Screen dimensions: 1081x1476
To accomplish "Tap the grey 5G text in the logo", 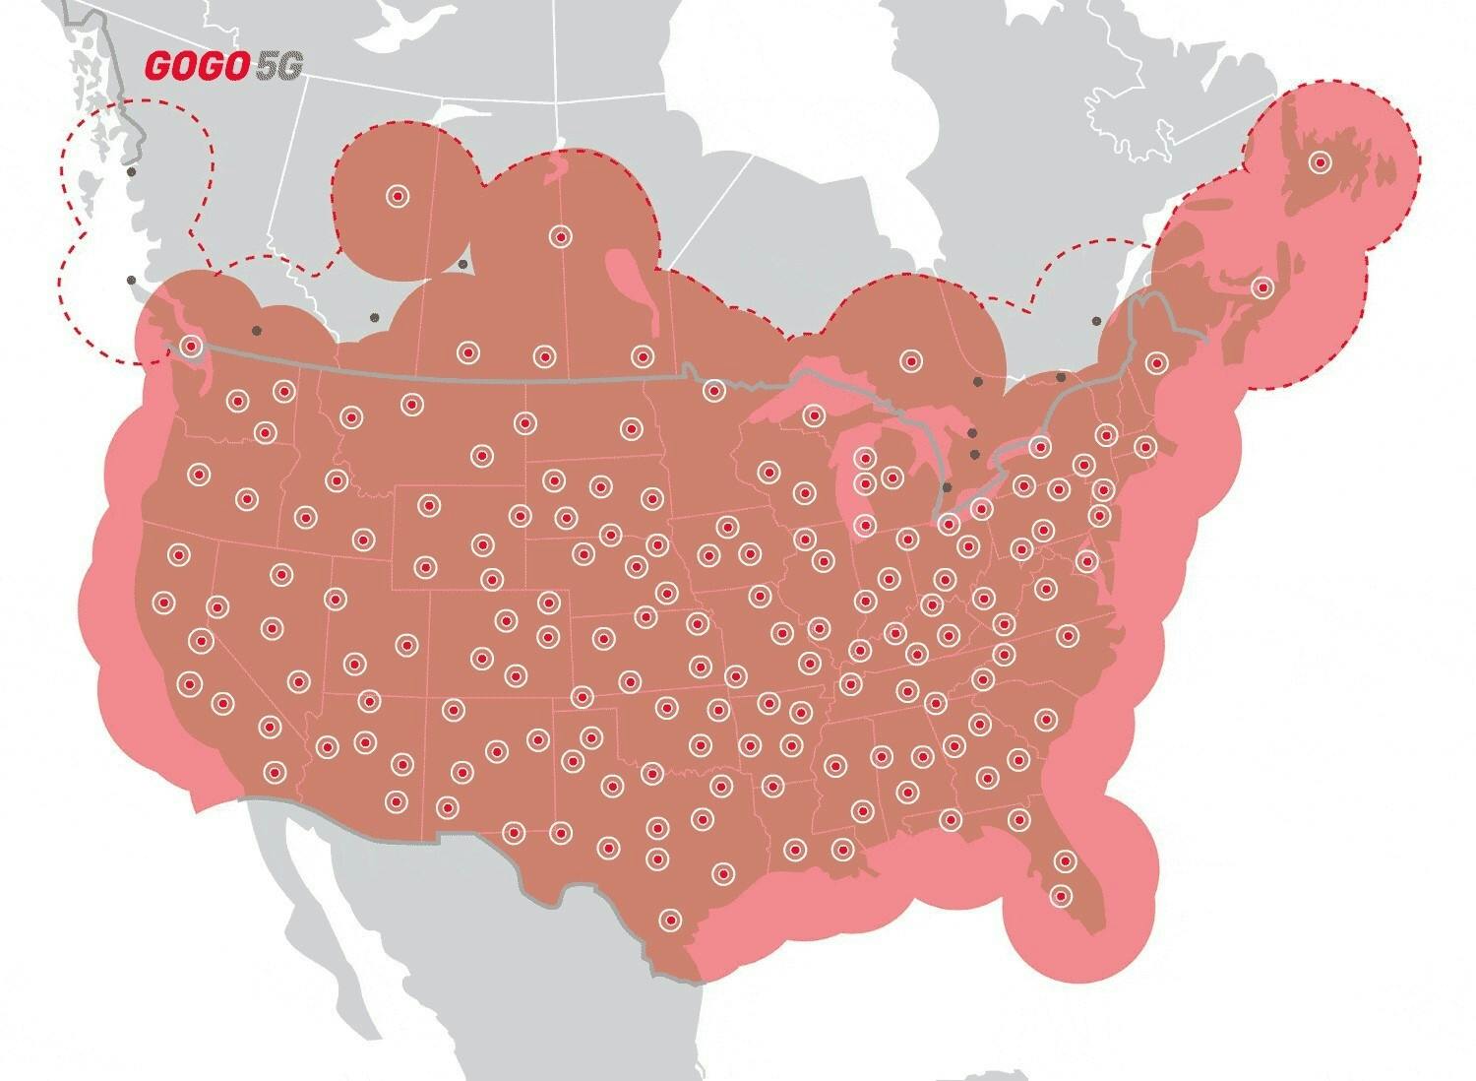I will coord(277,65).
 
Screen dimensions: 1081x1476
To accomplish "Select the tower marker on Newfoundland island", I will coord(1320,161).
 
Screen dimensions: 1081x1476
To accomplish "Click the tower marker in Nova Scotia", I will coord(1262,287).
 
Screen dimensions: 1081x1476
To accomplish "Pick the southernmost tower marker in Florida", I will coord(1061,895).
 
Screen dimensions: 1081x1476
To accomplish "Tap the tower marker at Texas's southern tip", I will coord(670,919).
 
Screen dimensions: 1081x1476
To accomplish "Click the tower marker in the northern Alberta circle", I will coord(397,196).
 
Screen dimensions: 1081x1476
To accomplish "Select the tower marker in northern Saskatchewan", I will coord(560,235).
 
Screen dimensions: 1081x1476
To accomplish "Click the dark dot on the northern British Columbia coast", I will coord(131,172).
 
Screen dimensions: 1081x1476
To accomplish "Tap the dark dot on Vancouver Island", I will coord(131,281).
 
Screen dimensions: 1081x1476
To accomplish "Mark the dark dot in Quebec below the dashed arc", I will coord(1095,321).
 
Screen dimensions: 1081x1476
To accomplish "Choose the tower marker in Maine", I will coord(1156,361).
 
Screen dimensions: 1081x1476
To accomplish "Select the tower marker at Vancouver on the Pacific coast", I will coord(191,346).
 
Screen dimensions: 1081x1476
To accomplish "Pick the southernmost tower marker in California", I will coord(275,770).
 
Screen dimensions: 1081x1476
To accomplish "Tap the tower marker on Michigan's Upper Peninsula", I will coord(813,414).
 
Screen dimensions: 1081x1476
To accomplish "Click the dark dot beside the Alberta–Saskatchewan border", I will coord(462,264).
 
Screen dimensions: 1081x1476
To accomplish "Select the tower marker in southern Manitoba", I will coord(642,355).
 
